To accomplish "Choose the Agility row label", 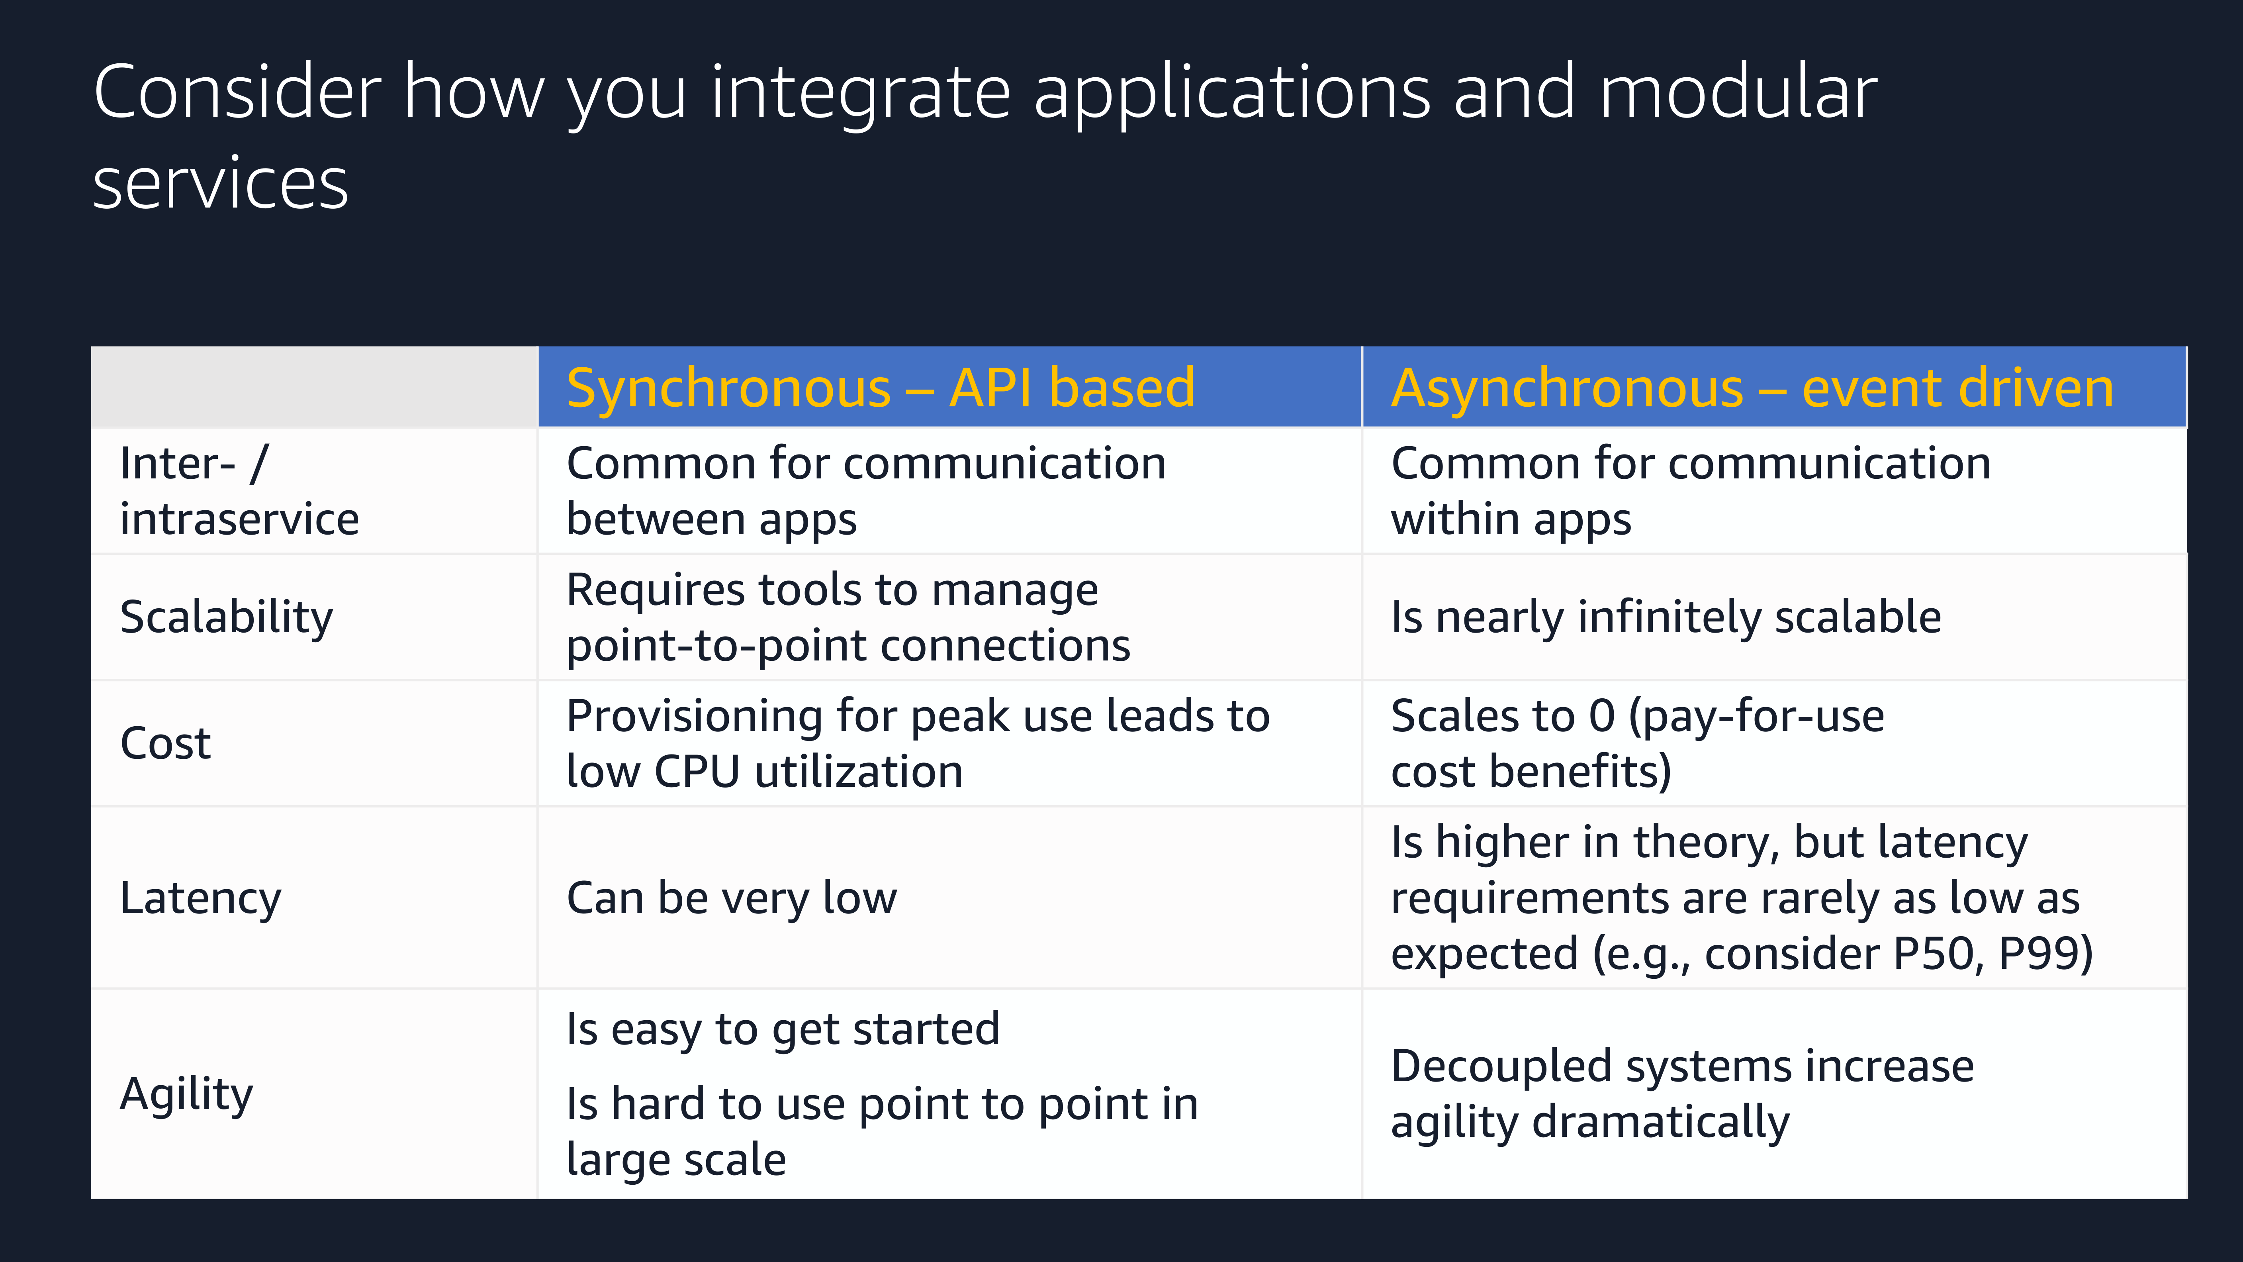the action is [186, 1095].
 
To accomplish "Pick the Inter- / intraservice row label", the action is [239, 490].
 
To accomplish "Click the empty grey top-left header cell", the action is [314, 387].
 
